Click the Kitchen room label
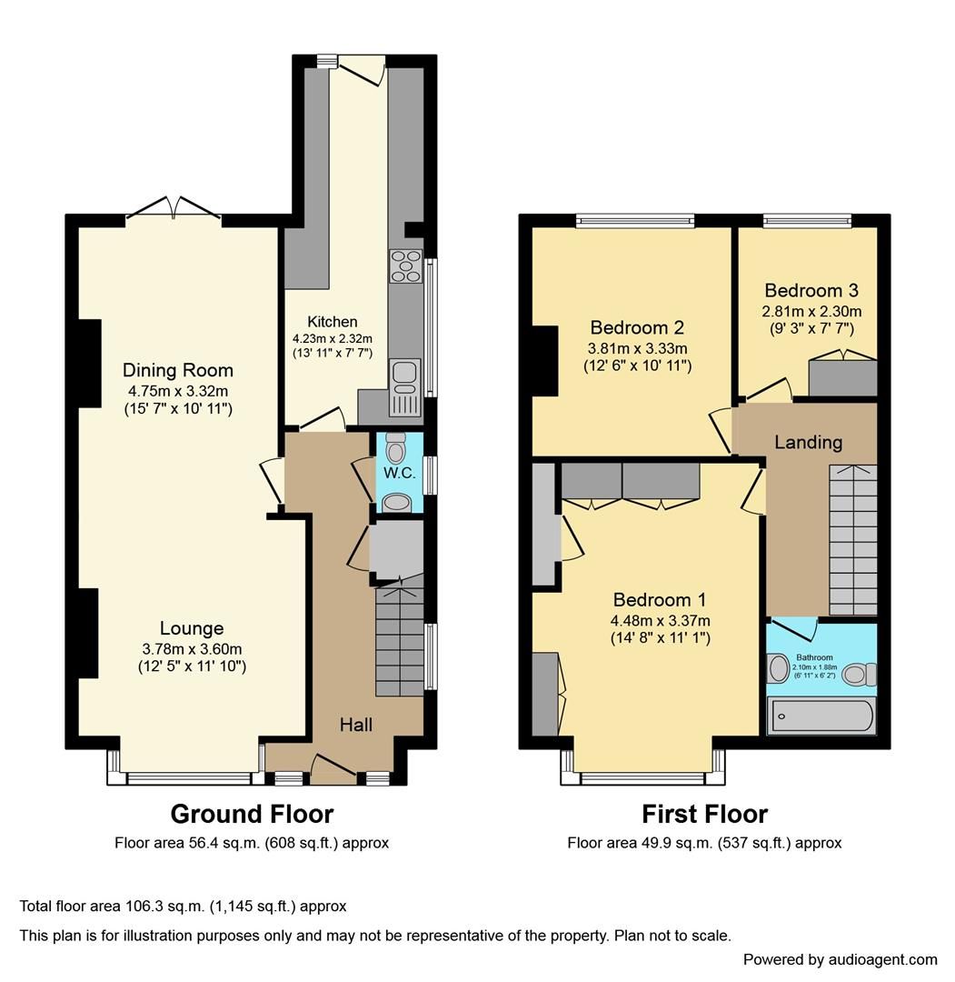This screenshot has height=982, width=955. [332, 322]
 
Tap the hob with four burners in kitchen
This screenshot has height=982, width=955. [405, 266]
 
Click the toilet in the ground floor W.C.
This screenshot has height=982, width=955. [395, 449]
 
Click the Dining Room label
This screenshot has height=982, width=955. [178, 370]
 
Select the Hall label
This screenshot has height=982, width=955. [355, 724]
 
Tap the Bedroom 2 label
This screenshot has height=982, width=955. [636, 327]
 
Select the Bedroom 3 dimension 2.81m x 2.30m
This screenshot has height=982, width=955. [811, 311]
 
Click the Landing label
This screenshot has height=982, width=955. [808, 443]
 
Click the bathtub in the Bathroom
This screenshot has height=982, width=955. [821, 716]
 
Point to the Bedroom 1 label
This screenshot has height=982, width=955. [660, 600]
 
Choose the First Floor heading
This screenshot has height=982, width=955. [704, 814]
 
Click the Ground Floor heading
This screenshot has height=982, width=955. [252, 814]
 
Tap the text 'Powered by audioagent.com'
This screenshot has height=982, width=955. [840, 959]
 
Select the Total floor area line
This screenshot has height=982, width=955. [183, 907]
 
